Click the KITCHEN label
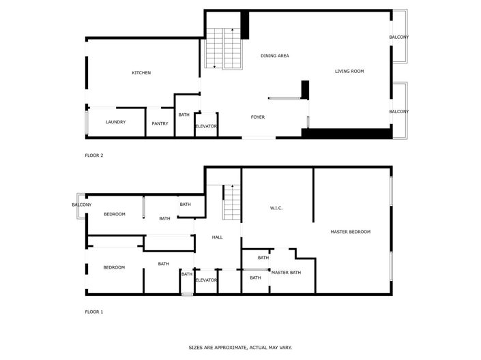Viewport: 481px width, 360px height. pyautogui.click(x=141, y=73)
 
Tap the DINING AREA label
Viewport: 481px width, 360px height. pyautogui.click(x=275, y=56)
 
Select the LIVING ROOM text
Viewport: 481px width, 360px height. pyautogui.click(x=349, y=71)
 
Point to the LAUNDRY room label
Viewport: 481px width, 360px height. pyautogui.click(x=115, y=122)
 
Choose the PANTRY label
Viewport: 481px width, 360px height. pyautogui.click(x=160, y=123)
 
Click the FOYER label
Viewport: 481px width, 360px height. pyautogui.click(x=257, y=117)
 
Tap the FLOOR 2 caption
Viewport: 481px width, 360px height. pyautogui.click(x=93, y=155)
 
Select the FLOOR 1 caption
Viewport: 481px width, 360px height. pyautogui.click(x=93, y=312)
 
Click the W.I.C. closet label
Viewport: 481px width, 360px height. pyautogui.click(x=276, y=208)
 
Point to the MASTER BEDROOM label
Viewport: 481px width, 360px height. pyautogui.click(x=350, y=232)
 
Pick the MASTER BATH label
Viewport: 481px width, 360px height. pyautogui.click(x=286, y=273)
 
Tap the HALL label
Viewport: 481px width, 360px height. pyautogui.click(x=217, y=237)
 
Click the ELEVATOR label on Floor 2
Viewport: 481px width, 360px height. pyautogui.click(x=206, y=126)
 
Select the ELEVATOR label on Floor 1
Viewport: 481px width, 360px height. pyautogui.click(x=206, y=280)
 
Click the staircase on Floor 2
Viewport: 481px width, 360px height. pyautogui.click(x=224, y=49)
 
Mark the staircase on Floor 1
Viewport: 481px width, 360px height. pyautogui.click(x=233, y=202)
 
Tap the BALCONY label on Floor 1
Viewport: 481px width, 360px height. pyautogui.click(x=82, y=205)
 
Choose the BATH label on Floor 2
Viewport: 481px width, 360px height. pyautogui.click(x=184, y=115)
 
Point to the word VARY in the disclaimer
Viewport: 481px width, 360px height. pyautogui.click(x=285, y=347)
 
